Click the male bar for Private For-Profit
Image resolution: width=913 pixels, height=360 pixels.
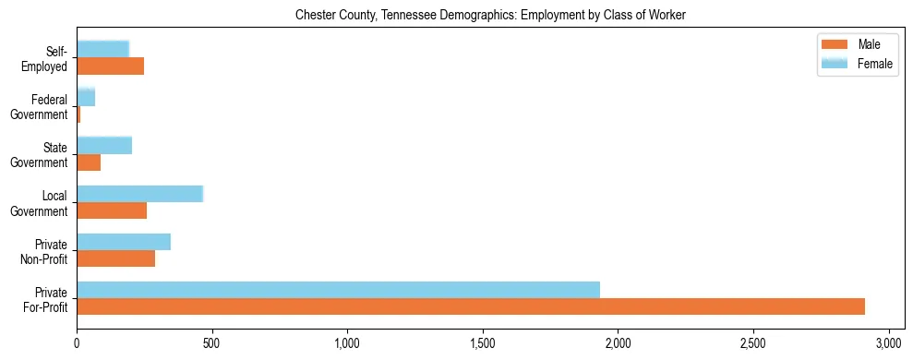coord(471,306)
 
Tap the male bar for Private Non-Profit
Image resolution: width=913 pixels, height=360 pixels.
coord(116,258)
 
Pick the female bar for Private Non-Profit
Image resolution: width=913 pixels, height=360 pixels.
coord(124,242)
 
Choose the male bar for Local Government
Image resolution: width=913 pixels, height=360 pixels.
coord(112,210)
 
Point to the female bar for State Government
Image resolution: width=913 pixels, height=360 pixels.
coord(104,145)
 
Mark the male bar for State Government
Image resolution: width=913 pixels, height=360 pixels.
coord(89,162)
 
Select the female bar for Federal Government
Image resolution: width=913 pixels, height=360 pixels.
coord(86,97)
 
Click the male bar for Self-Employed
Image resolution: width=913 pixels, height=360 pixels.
coord(110,66)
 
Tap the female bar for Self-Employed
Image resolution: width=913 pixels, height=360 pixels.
coord(102,49)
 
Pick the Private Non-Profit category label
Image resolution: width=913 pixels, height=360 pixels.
coord(45,251)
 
